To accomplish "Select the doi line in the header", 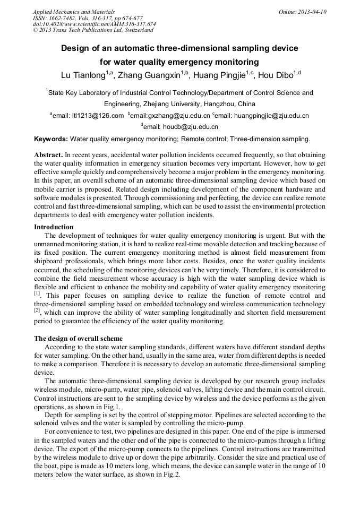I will [x=94, y=24].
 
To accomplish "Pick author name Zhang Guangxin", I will [x=149, y=75].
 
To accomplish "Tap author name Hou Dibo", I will [x=276, y=75].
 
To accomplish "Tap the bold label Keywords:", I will [x=51, y=139].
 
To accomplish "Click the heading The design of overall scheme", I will [x=78, y=338].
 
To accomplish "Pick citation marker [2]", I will [x=37, y=311].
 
